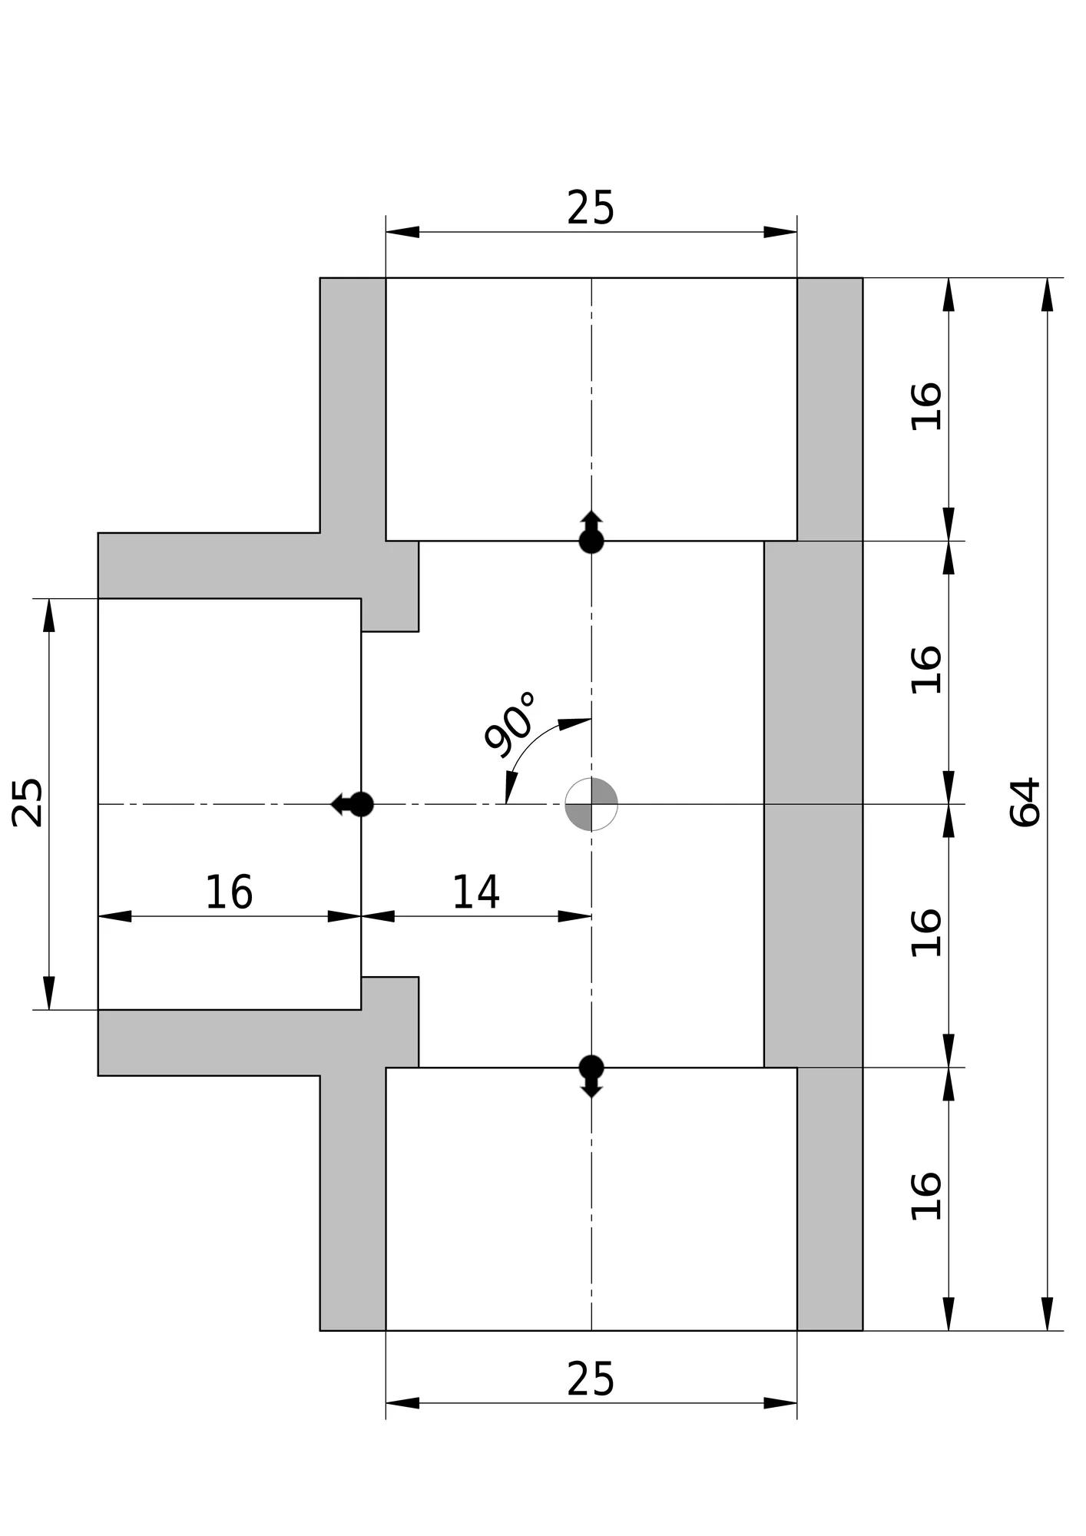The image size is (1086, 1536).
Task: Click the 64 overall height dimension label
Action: [1025, 802]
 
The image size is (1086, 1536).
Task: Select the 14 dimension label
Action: [476, 892]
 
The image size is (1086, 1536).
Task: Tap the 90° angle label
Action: [511, 723]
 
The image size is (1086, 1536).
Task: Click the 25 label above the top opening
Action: [591, 208]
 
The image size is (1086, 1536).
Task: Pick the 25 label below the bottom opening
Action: [591, 1379]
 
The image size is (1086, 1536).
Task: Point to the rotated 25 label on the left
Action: [28, 803]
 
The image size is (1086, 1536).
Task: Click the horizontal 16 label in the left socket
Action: [229, 892]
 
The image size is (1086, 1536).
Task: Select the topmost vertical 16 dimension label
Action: [926, 406]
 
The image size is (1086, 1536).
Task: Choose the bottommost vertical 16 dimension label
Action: [926, 1196]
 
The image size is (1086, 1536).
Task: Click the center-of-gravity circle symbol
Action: [591, 804]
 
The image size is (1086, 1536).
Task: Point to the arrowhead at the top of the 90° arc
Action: [574, 723]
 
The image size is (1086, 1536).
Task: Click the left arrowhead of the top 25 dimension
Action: [402, 232]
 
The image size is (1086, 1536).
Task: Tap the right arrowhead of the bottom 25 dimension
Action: [780, 1403]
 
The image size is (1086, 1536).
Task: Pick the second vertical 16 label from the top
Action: [926, 670]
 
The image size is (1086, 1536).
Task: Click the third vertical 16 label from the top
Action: [926, 932]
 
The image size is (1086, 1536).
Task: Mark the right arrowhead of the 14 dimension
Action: [574, 915]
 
